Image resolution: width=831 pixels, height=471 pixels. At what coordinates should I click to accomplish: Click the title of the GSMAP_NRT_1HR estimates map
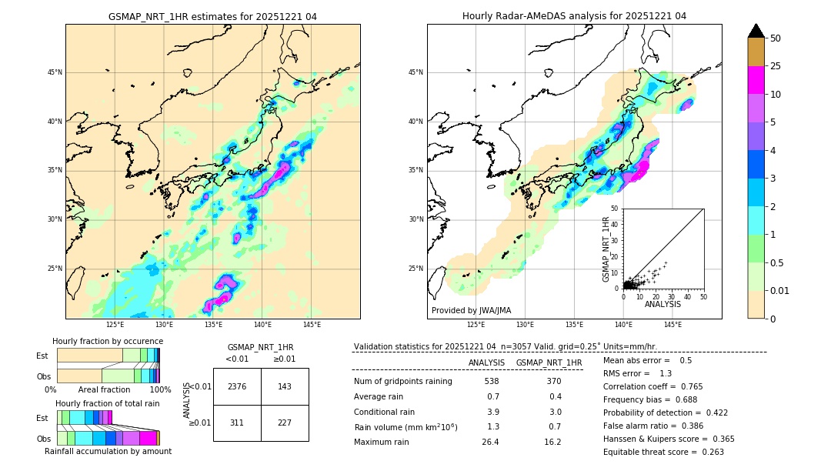point(212,16)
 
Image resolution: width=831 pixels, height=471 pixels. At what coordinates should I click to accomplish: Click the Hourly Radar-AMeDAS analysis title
point(574,16)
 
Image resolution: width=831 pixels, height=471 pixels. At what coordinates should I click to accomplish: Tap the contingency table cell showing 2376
point(237,386)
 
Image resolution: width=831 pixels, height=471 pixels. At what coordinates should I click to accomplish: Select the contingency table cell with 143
point(285,386)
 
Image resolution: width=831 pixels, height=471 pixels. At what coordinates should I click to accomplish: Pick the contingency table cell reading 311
point(237,423)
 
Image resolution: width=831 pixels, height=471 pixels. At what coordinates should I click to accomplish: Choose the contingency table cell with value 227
point(285,423)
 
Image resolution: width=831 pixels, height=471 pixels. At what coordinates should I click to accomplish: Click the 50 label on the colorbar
point(776,38)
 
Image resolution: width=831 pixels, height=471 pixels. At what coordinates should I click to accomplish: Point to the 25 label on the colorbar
point(776,66)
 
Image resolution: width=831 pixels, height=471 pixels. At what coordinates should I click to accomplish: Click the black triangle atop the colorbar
point(756,31)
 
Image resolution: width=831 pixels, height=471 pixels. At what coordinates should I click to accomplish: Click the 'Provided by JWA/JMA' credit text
point(471,310)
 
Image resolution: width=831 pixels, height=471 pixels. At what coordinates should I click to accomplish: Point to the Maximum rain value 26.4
point(491,442)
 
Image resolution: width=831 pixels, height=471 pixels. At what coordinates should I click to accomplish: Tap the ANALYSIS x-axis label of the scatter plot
point(662,304)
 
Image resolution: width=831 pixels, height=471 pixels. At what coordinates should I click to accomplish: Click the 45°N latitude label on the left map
point(55,72)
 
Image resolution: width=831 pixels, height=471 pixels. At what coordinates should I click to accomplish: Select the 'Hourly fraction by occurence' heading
point(108,341)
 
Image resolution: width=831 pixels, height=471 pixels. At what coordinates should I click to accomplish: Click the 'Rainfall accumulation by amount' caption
point(108,451)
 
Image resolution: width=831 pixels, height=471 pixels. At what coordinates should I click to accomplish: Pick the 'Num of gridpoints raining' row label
point(402,381)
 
